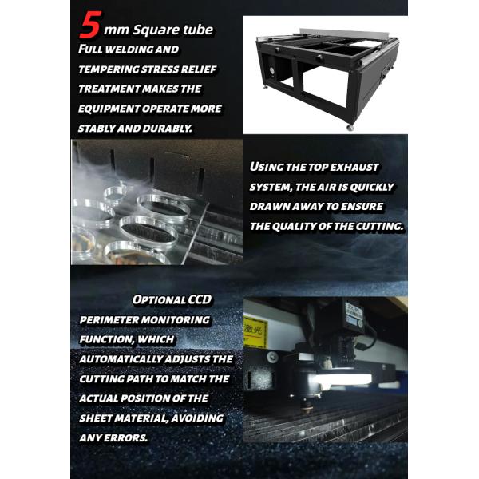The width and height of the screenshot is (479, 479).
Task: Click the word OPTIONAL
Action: (158, 301)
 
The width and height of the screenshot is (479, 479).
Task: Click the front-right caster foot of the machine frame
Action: (349, 127)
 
